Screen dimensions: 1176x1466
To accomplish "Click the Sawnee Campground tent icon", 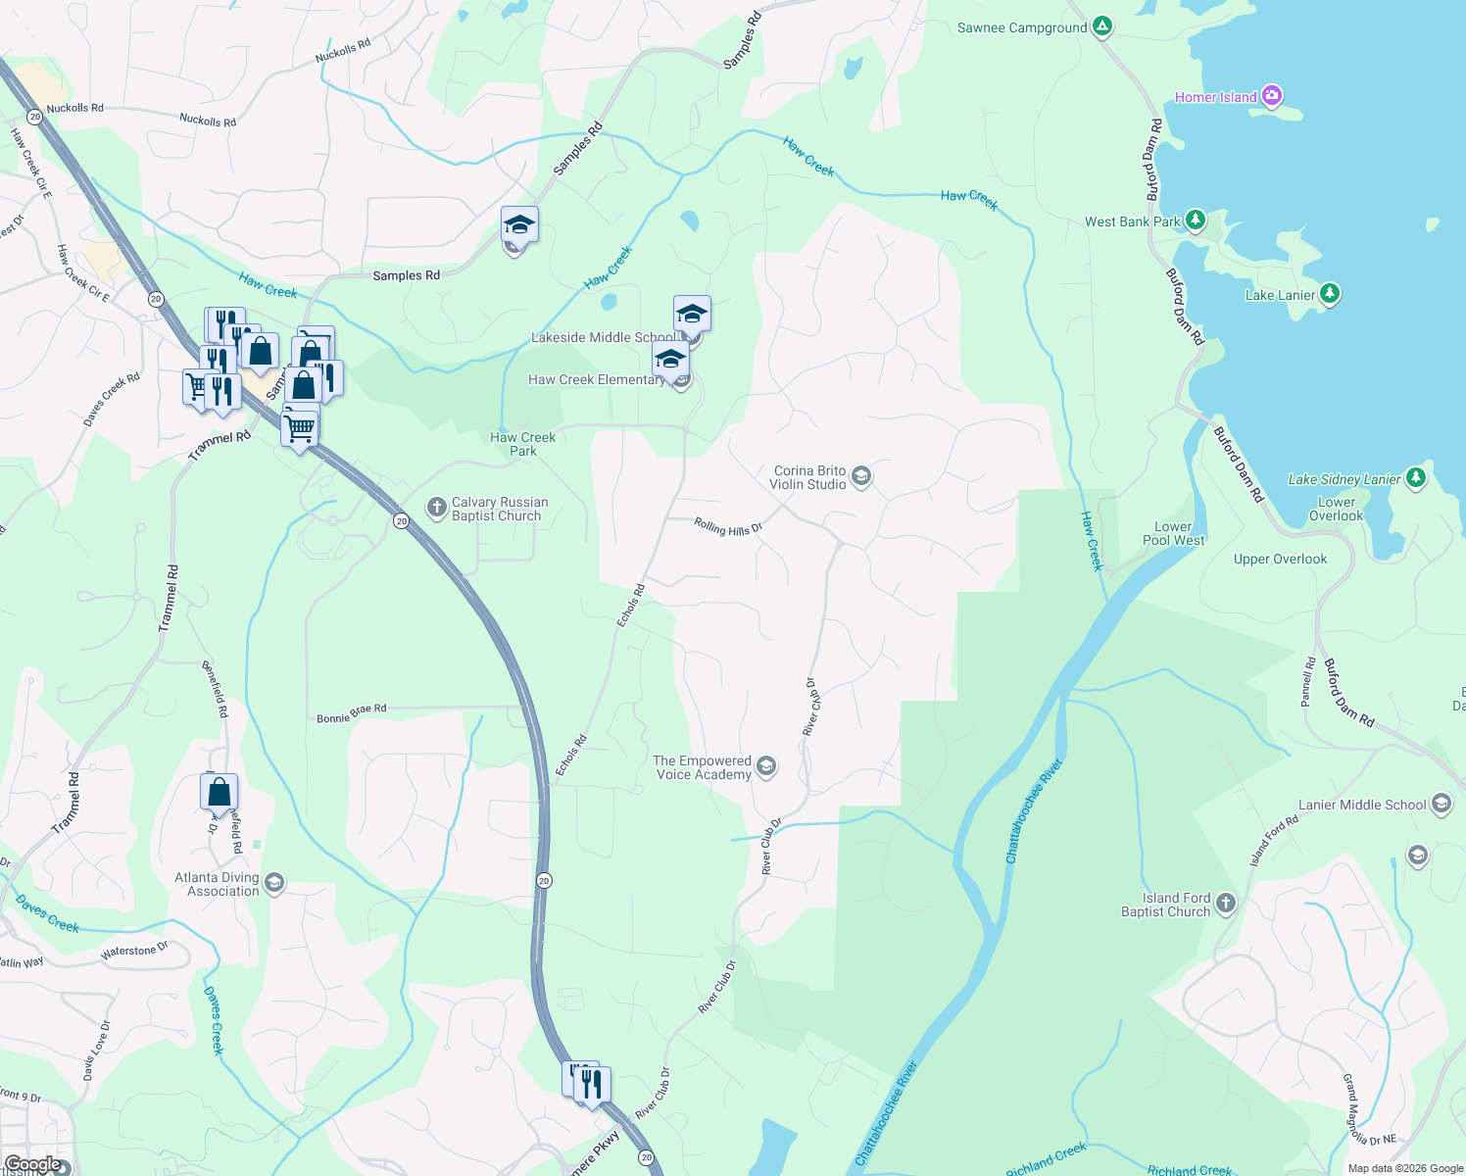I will coord(1102,26).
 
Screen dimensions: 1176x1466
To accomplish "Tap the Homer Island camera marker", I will coord(1272,96).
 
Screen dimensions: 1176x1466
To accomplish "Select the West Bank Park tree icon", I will coord(1195,220).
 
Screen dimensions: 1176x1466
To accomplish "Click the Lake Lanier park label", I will coord(1280,295).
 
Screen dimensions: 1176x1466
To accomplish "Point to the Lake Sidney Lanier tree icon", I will coord(1415,477).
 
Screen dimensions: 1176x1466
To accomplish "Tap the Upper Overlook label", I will coord(1280,560).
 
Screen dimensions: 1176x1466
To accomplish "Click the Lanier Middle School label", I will coord(1362,805).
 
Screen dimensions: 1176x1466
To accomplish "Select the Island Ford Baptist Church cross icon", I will coord(1226,904).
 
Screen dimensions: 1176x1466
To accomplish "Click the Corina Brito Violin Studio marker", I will coord(861,476).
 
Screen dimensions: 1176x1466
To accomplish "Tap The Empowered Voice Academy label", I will coord(703,767).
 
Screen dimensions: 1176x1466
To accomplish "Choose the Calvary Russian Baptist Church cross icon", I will coord(436,507).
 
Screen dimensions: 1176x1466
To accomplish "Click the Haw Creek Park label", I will coord(522,444).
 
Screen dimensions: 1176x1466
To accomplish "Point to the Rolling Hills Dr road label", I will coord(728,527).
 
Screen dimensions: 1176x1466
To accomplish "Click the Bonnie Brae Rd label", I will coord(351,713).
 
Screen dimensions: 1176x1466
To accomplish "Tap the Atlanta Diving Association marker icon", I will coord(274,883).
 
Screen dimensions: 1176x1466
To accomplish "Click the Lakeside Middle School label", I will coord(603,337).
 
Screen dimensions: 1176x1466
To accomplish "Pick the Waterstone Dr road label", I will coord(134,952).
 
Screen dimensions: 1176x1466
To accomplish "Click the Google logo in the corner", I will coord(32,1164).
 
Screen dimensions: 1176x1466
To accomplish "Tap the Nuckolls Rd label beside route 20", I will coord(74,108).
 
